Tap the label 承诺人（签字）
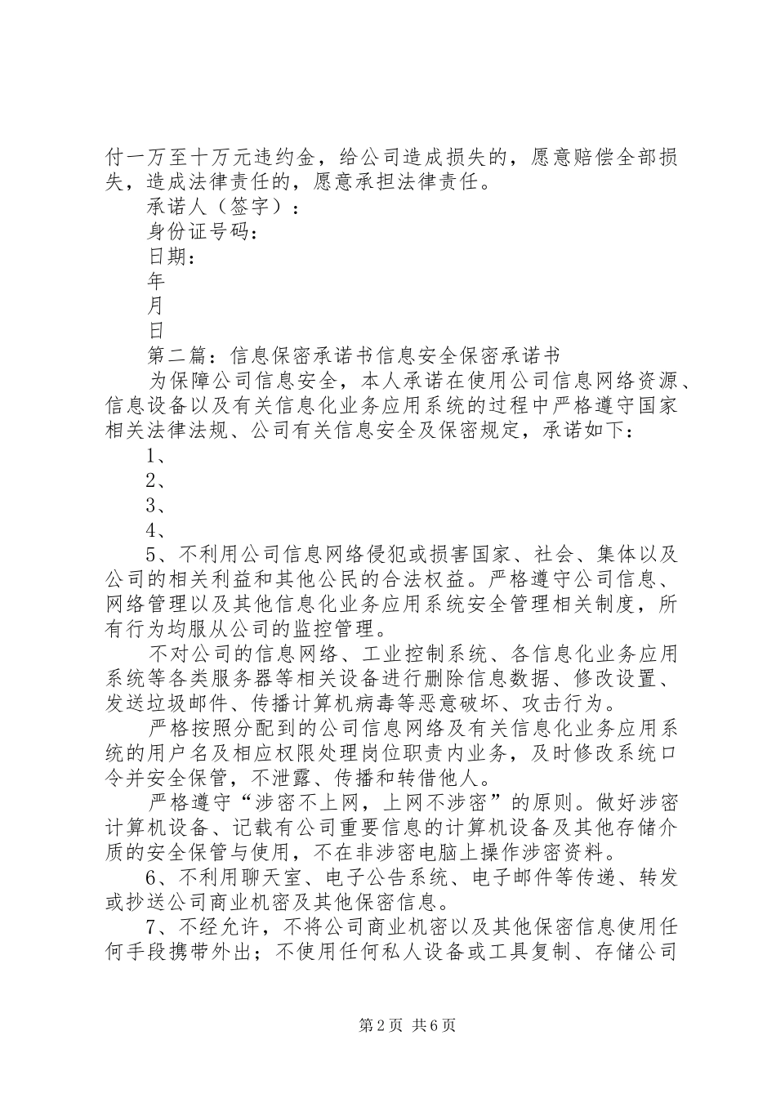(216, 208)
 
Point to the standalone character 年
(156, 281)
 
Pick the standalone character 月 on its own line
(156, 306)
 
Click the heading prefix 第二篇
(177, 355)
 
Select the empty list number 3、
(156, 504)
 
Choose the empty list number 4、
(156, 529)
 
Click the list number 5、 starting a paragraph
(156, 554)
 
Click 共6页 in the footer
(434, 1025)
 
